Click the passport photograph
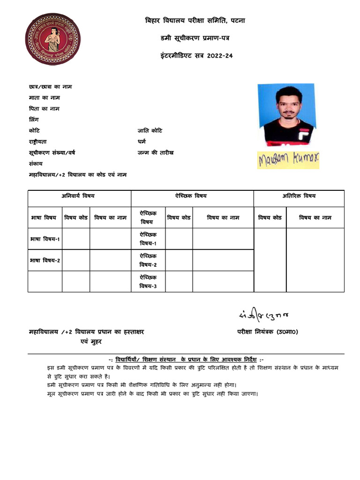click(286, 115)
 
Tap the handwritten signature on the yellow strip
click(288, 160)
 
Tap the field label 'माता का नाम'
click(44, 98)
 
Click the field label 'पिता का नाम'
click(44, 109)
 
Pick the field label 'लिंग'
click(34, 120)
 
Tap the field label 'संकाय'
click(36, 164)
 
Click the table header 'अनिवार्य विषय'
click(79, 196)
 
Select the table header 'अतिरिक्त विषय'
click(299, 196)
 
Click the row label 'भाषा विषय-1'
click(45, 239)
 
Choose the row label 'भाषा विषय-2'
click(45, 260)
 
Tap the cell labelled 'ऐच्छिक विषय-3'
click(148, 281)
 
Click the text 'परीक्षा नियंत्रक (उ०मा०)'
click(267, 332)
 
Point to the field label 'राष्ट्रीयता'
click(38, 142)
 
